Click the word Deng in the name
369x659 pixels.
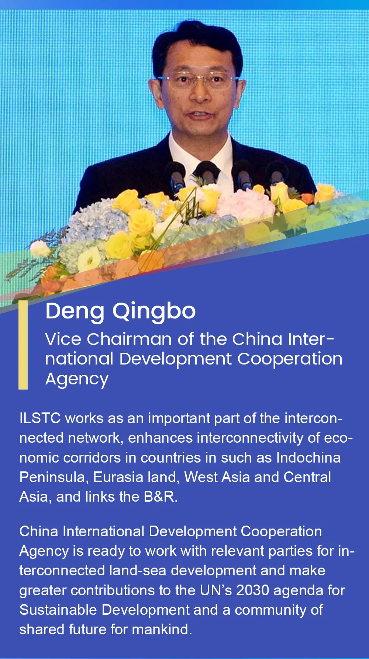75,312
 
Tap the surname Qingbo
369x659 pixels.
154,312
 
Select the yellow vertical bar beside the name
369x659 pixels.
23,345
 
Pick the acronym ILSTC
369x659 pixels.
40,418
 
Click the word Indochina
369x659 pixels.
308,457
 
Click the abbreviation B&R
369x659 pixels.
161,496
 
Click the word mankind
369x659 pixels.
162,629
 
